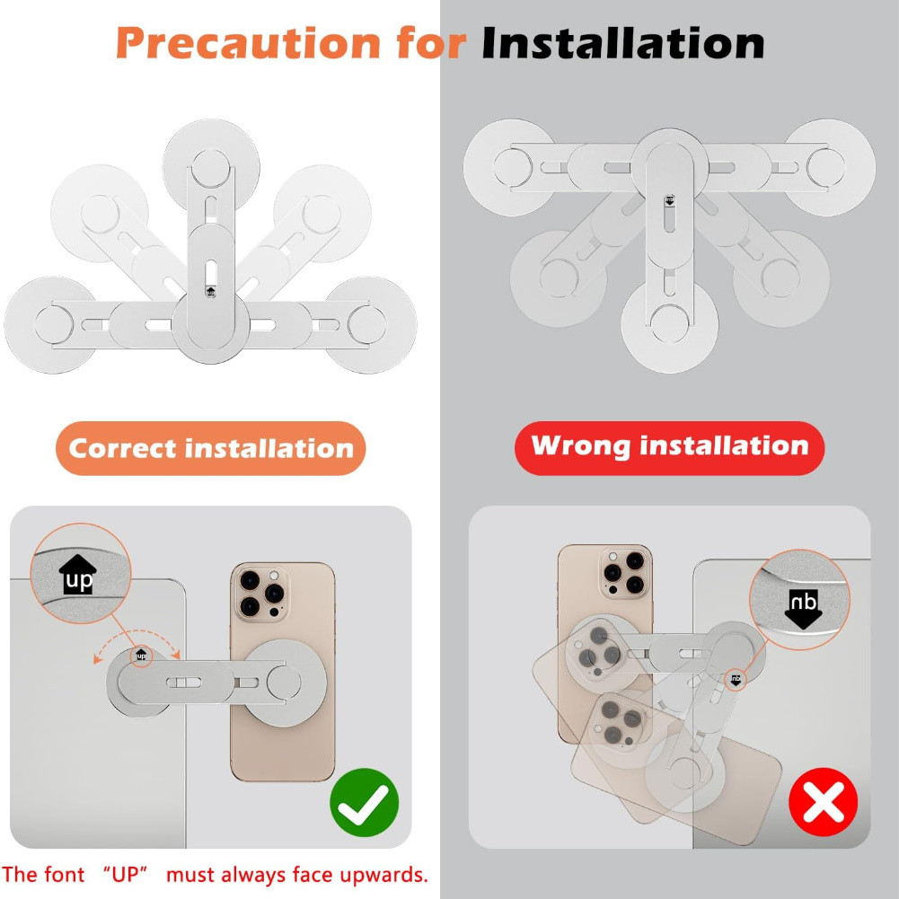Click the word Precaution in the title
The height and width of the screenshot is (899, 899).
pyautogui.click(x=248, y=43)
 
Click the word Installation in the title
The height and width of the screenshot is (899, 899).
pyautogui.click(x=622, y=43)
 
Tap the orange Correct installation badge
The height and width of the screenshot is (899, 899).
pyautogui.click(x=210, y=448)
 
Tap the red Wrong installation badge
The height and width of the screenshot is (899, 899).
pyautogui.click(x=669, y=448)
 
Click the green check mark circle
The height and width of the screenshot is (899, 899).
pyautogui.click(x=364, y=802)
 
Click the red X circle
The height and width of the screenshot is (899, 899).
pyautogui.click(x=824, y=802)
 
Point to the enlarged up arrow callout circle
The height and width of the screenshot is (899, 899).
pyautogui.click(x=81, y=573)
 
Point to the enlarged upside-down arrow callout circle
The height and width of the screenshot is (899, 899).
pyautogui.click(x=800, y=599)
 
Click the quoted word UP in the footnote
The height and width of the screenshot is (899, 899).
pyautogui.click(x=126, y=875)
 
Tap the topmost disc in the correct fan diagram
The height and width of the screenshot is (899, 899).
pyautogui.click(x=211, y=167)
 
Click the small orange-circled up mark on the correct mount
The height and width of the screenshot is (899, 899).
pyautogui.click(x=141, y=656)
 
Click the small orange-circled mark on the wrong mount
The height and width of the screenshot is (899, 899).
pyautogui.click(x=736, y=679)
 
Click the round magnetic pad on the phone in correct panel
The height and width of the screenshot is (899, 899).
pyautogui.click(x=284, y=683)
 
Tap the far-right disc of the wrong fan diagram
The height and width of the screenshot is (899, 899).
pyautogui.click(x=827, y=167)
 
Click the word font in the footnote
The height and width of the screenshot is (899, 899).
pyautogui.click(x=65, y=875)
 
